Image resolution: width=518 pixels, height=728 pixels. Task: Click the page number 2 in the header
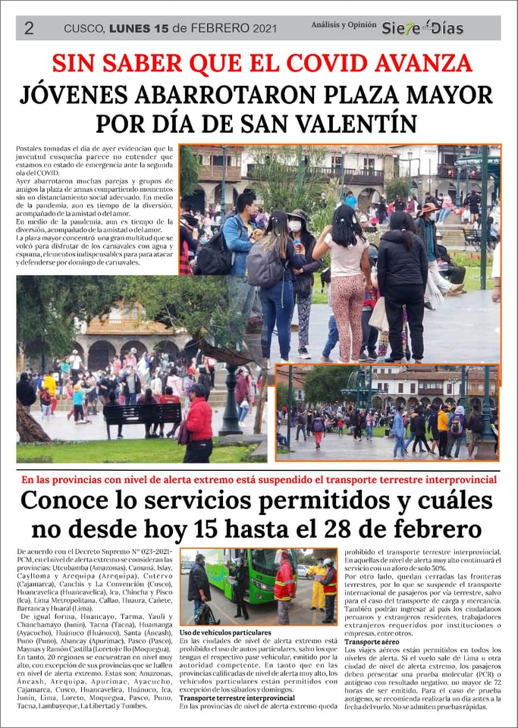[29, 28]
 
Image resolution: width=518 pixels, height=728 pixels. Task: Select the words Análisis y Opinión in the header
[344, 25]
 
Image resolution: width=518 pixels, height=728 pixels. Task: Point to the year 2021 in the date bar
[262, 28]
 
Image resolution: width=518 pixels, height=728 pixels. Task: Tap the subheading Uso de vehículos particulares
[225, 632]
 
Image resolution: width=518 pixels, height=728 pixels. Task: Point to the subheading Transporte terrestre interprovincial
[237, 698]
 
